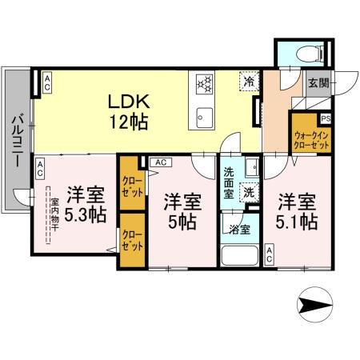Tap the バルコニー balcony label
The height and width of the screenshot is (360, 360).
(15, 141)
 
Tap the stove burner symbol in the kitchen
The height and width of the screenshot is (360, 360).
(204, 82)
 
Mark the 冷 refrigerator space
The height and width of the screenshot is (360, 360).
(250, 82)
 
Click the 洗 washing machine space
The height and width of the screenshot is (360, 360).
(249, 192)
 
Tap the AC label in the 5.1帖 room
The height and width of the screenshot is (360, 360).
(270, 255)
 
